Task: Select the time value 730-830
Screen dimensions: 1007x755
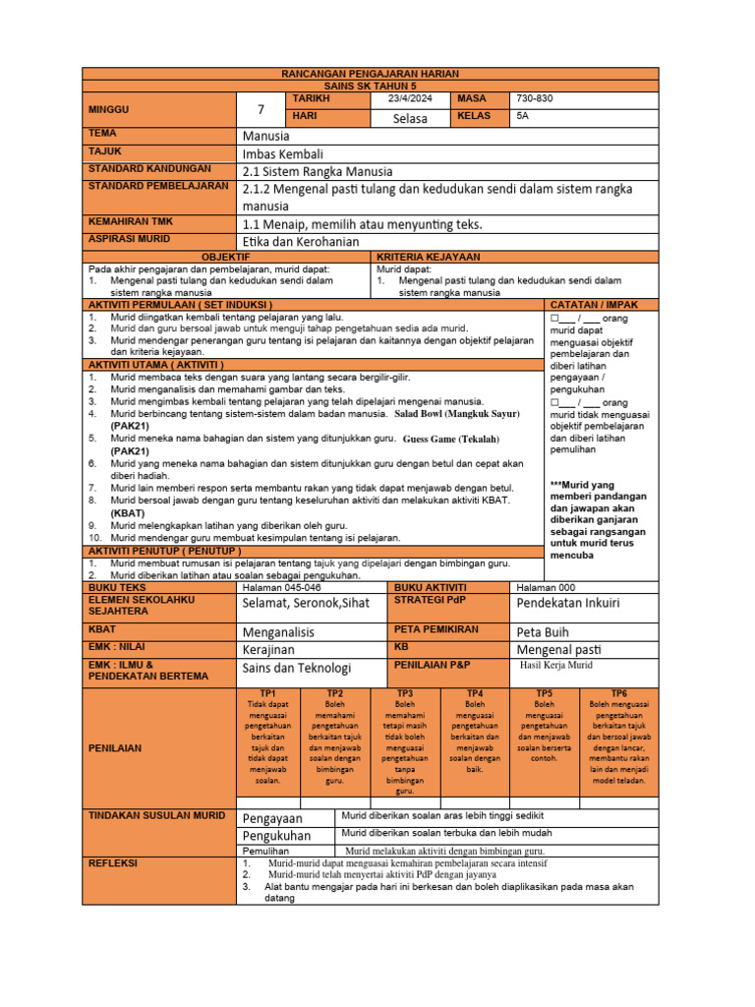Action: (x=536, y=99)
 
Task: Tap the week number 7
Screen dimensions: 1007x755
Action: (x=261, y=109)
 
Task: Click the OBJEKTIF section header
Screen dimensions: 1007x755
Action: (x=229, y=257)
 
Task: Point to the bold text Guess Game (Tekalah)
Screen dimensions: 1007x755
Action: (x=451, y=439)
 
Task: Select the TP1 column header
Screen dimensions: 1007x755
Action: (x=267, y=693)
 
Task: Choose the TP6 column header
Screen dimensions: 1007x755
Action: (x=619, y=693)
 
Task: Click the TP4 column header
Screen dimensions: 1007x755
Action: (x=475, y=693)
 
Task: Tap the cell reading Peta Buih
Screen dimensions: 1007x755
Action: (x=543, y=632)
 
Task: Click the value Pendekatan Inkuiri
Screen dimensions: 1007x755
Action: (x=568, y=602)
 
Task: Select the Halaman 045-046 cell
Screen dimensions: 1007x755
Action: (x=280, y=586)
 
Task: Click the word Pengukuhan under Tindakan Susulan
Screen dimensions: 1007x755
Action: (x=276, y=835)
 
